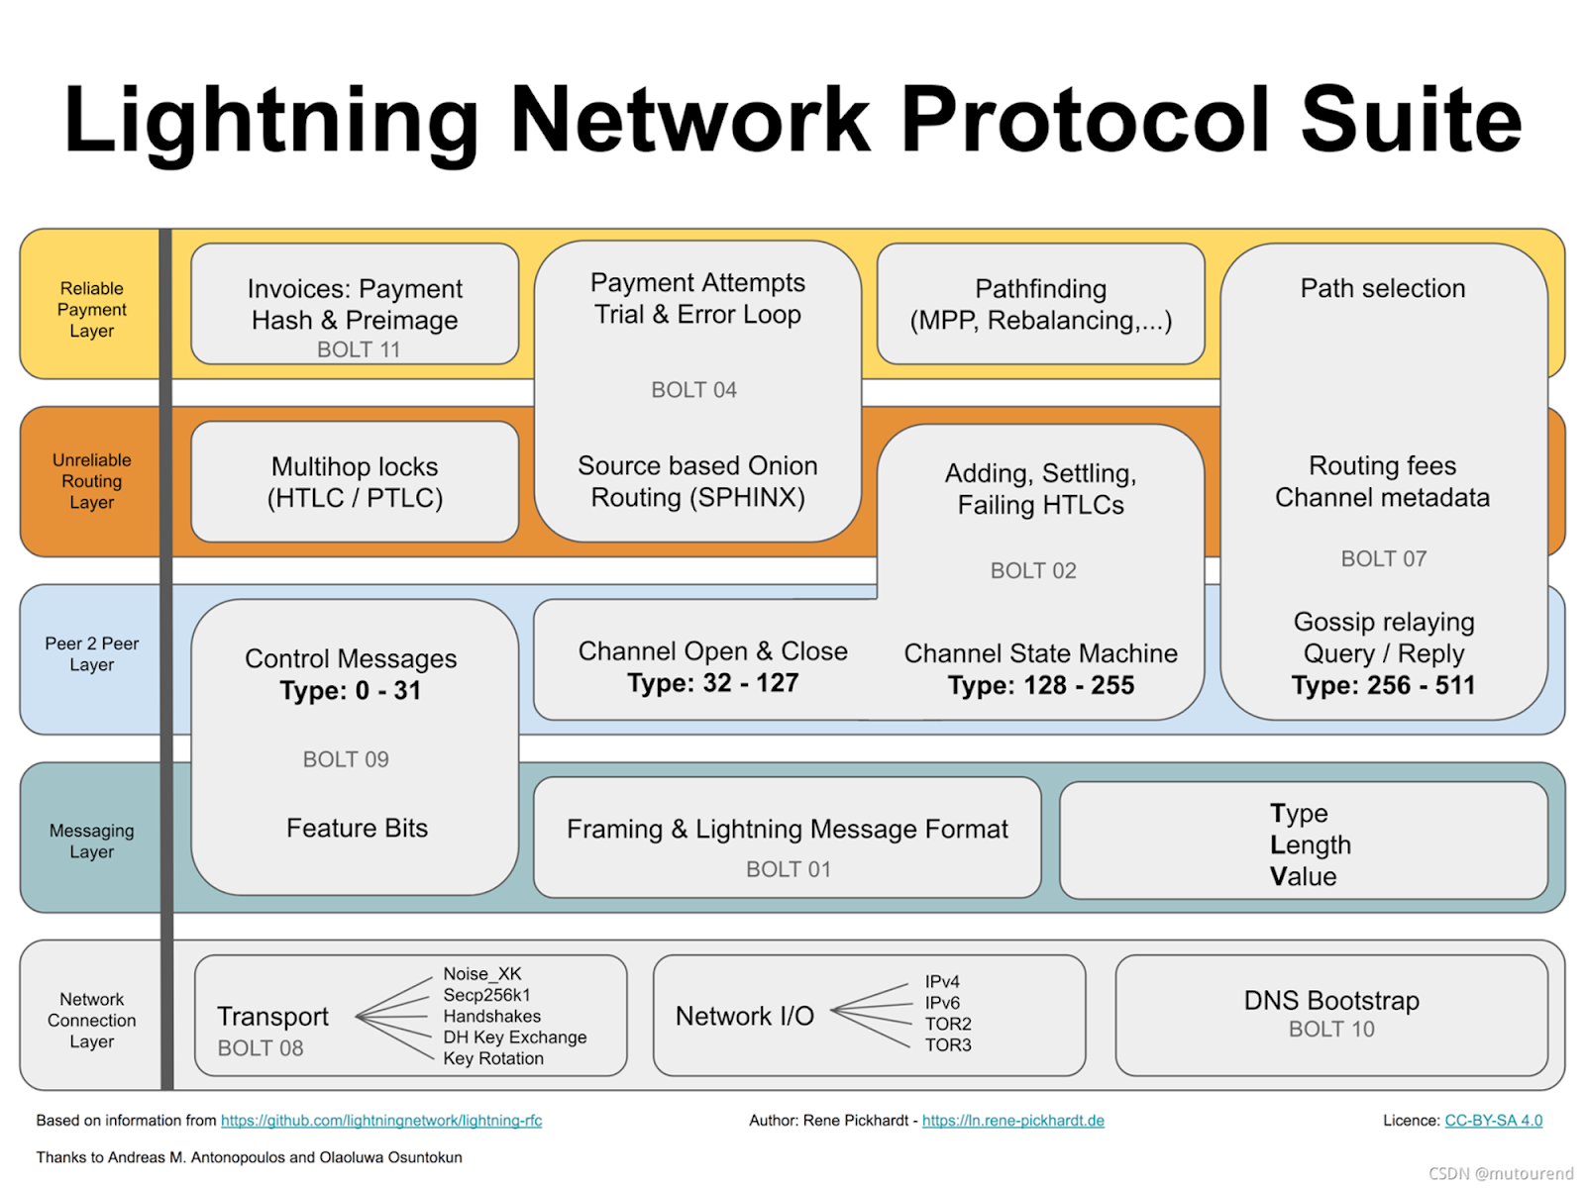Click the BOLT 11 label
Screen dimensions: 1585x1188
(359, 349)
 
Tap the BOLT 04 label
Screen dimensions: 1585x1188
(694, 390)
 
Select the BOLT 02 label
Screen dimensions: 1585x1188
(1033, 570)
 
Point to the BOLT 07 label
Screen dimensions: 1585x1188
(1384, 559)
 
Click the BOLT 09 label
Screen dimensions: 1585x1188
(346, 759)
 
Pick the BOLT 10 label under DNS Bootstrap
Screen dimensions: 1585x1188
(1331, 1030)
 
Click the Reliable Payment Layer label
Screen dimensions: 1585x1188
(92, 310)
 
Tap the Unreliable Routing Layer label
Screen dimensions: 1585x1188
(92, 481)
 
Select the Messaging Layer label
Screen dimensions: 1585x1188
(92, 841)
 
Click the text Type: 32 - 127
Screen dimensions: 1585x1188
(712, 682)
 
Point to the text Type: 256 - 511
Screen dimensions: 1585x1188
(1383, 685)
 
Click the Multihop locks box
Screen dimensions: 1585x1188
(355, 482)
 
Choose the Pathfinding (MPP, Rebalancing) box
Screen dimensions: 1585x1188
(1040, 304)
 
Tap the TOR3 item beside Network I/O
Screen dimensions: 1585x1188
(948, 1045)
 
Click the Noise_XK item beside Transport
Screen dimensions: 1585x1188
(481, 974)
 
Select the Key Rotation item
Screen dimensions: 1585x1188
(493, 1059)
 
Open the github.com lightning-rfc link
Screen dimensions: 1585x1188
(381, 1121)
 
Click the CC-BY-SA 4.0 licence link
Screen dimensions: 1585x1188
(1493, 1121)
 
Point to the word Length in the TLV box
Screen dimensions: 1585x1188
(1311, 845)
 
